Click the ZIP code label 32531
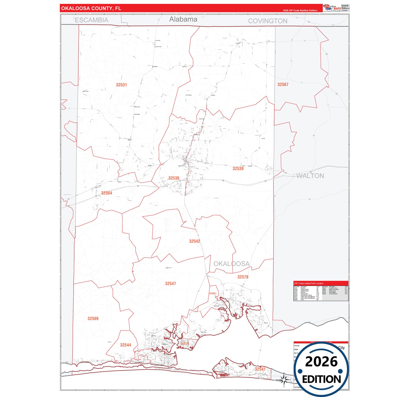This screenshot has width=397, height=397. point(121,85)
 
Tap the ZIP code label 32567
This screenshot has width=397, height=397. point(283,85)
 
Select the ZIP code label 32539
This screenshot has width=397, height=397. point(238,169)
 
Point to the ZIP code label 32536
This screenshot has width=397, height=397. point(174,178)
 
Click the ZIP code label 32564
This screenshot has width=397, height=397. point(107,193)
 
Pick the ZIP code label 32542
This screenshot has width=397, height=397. point(195,241)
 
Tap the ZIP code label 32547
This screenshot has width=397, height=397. point(170,284)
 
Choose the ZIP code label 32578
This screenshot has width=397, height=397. point(243,277)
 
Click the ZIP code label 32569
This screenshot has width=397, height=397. point(93,319)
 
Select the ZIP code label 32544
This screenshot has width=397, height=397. point(126,345)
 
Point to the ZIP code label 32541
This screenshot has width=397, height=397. point(260,369)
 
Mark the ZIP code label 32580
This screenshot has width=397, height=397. point(212,293)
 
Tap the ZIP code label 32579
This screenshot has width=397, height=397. point(185,344)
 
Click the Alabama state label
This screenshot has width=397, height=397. point(183,19)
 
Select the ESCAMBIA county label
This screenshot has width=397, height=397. point(91,20)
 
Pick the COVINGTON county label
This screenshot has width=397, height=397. point(268,21)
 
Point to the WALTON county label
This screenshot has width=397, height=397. point(310,176)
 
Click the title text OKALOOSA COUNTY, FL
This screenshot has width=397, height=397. point(91,8)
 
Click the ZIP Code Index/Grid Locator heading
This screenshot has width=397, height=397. point(309,283)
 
